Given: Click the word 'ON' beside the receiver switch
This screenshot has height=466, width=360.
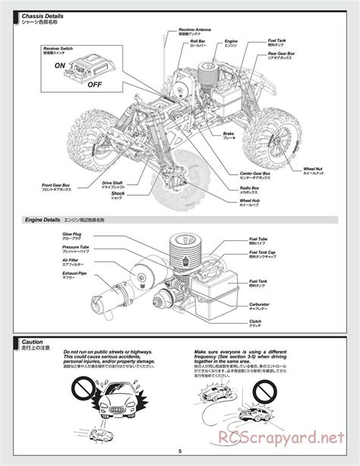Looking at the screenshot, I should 59,65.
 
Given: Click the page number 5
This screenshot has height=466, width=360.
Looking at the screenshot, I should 180,454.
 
